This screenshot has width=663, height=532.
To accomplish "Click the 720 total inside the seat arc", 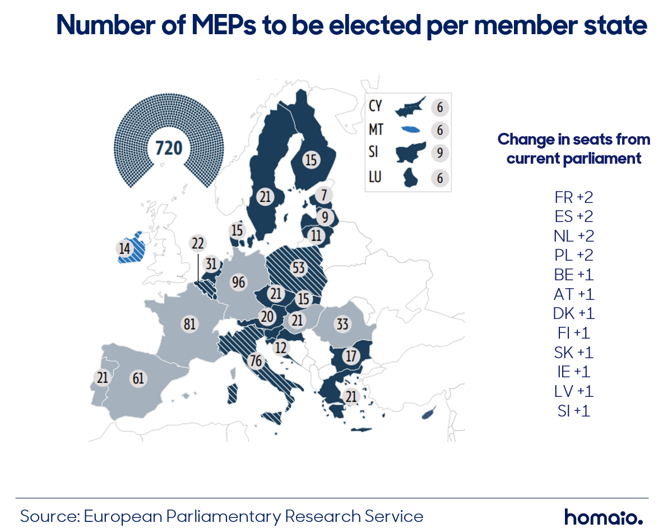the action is (x=169, y=149).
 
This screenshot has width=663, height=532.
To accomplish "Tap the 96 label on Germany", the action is (x=239, y=282).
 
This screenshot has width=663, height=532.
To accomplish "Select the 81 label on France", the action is (x=190, y=324).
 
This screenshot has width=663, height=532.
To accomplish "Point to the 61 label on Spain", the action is (x=138, y=378).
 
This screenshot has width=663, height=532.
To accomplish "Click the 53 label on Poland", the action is (x=299, y=268).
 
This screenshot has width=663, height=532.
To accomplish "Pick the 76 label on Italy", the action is (x=256, y=360).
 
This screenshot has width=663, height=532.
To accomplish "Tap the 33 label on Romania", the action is (x=342, y=324).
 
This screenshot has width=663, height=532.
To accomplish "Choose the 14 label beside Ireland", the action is (x=124, y=248).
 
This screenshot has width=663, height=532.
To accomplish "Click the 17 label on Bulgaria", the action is (x=351, y=356).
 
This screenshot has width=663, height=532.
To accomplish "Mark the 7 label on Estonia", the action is (x=324, y=195).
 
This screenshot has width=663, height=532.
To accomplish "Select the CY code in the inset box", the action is (x=375, y=106).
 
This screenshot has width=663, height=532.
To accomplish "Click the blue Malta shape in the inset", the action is (x=410, y=129).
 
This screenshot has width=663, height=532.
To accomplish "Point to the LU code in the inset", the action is (x=375, y=177).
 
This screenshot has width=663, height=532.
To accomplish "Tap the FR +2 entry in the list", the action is (x=574, y=197).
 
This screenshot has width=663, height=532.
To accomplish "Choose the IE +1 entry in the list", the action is (x=574, y=372).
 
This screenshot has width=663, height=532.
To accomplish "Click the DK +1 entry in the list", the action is (x=574, y=313).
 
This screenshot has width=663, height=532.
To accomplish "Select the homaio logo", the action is (x=604, y=517).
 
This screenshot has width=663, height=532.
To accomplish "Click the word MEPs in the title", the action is (x=224, y=25).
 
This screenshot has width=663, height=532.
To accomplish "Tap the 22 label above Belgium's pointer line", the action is (x=197, y=243).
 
